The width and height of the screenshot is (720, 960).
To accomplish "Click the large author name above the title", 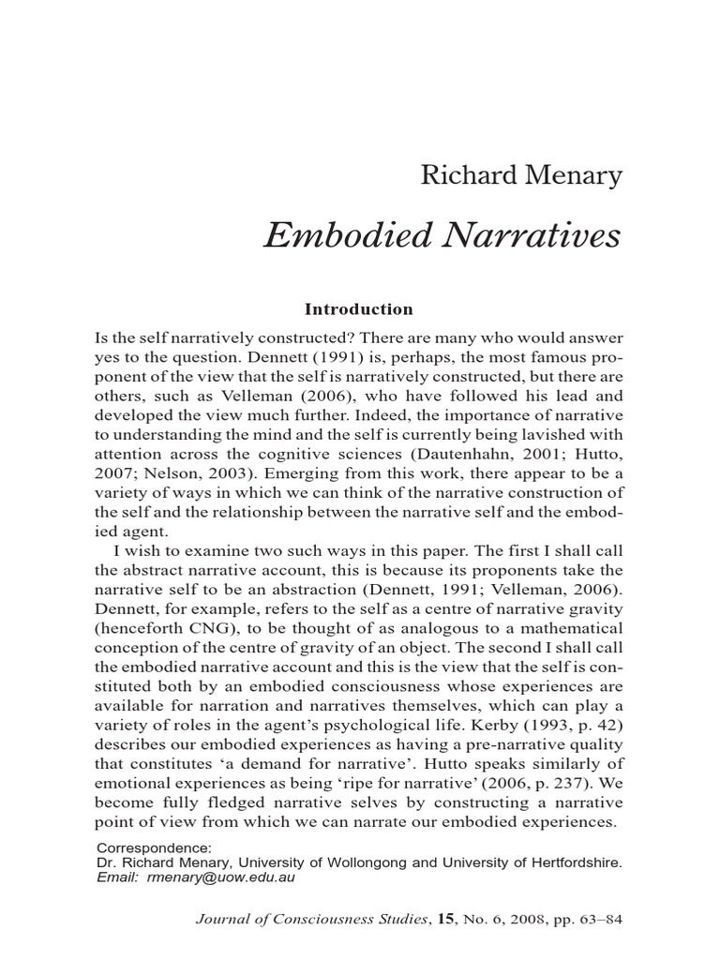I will click(x=520, y=175).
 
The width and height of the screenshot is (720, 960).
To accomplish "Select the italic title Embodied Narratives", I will click(x=442, y=236).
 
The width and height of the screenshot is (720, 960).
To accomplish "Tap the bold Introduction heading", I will click(x=359, y=308).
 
